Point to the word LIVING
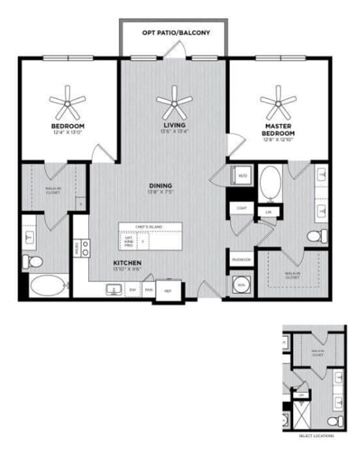point(174,125)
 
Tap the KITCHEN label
point(127,262)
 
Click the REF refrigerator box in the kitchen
point(167,290)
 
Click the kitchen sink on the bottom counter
point(115,289)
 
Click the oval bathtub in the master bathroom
point(270,182)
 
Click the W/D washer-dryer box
point(242,176)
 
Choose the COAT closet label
point(242,207)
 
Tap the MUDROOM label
point(241,259)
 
